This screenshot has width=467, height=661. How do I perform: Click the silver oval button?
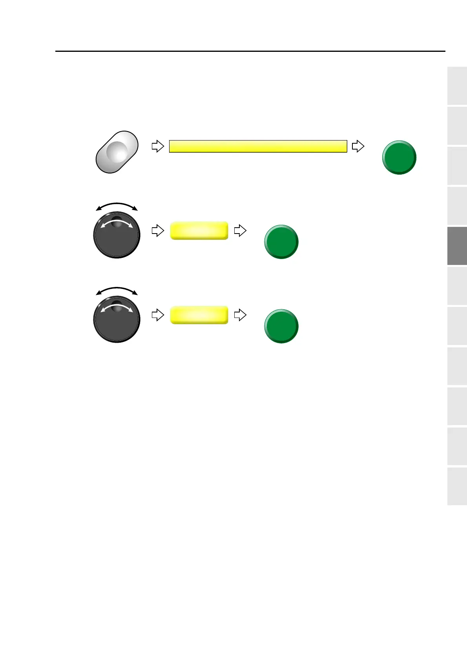point(117,152)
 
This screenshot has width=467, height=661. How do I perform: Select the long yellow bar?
point(258,146)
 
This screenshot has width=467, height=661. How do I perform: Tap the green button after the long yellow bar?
point(399,157)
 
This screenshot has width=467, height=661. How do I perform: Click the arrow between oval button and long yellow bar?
point(157,146)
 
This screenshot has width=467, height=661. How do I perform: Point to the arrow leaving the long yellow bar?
point(358,146)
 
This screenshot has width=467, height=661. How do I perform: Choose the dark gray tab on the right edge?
point(457,246)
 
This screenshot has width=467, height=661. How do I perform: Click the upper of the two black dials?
point(117,235)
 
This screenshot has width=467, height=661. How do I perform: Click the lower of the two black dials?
point(117,319)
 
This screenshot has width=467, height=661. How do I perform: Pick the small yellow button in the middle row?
point(199,230)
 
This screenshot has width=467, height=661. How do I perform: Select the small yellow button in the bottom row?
point(199,315)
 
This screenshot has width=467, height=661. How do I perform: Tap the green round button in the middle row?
point(281,242)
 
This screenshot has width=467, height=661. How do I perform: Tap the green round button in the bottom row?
point(281,326)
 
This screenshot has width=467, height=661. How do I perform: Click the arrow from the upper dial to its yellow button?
point(157,230)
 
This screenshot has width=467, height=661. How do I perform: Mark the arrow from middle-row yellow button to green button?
point(240,230)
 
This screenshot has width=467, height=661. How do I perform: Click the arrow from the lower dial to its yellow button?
point(157,315)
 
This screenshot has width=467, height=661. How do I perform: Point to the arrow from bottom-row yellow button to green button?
point(240,315)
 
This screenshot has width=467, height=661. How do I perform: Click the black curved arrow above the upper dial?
point(117,205)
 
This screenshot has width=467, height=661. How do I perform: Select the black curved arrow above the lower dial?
point(117,289)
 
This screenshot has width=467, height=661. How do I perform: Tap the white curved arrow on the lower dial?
point(117,306)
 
